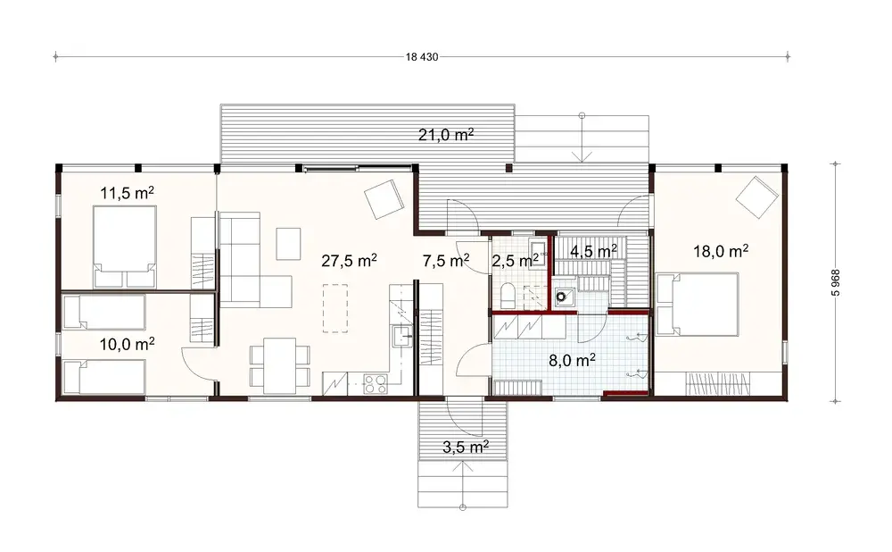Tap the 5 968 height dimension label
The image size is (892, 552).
pyautogui.click(x=836, y=281)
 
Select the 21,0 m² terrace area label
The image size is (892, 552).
pyautogui.click(x=445, y=135)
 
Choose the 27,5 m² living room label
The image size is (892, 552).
pyautogui.click(x=349, y=261)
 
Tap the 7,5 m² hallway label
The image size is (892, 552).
pyautogui.click(x=445, y=261)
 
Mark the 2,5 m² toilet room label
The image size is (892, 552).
pyautogui.click(x=516, y=261)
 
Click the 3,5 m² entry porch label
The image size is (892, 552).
pyautogui.click(x=465, y=446)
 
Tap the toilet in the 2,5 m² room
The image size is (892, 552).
pyautogui.click(x=506, y=294)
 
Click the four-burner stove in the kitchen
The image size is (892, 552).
pyautogui.click(x=374, y=384)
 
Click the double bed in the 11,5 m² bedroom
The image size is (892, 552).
pyautogui.click(x=124, y=245)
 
